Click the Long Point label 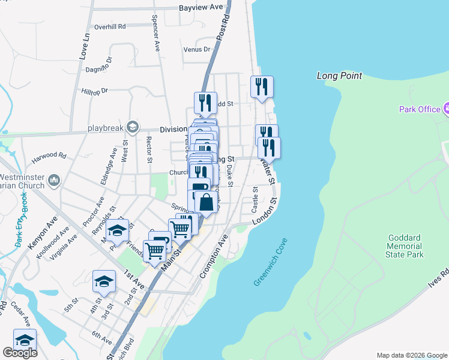(339, 76)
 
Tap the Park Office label (419, 109)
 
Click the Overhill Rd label (110, 27)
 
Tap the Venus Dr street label (197, 49)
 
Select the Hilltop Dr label (95, 91)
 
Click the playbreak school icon (132, 127)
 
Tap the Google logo (20, 353)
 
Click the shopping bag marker (206, 202)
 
